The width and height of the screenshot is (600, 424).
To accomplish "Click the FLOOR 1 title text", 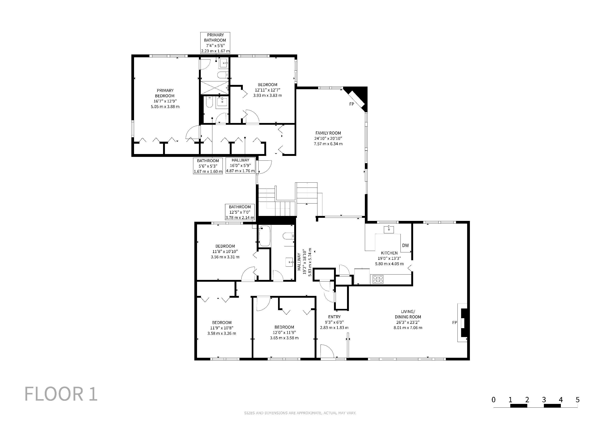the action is (61, 394).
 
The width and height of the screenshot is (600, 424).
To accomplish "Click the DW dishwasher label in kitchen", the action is (405, 245).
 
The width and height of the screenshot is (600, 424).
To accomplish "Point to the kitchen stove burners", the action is (378, 279).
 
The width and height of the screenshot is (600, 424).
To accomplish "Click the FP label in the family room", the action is (351, 104).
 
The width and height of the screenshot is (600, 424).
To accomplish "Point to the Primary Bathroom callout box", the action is (215, 43).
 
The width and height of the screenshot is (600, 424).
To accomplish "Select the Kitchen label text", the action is (389, 253).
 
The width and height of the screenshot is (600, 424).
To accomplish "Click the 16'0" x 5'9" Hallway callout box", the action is (240, 166).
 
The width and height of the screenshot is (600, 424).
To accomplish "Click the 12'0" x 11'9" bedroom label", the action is (284, 332).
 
